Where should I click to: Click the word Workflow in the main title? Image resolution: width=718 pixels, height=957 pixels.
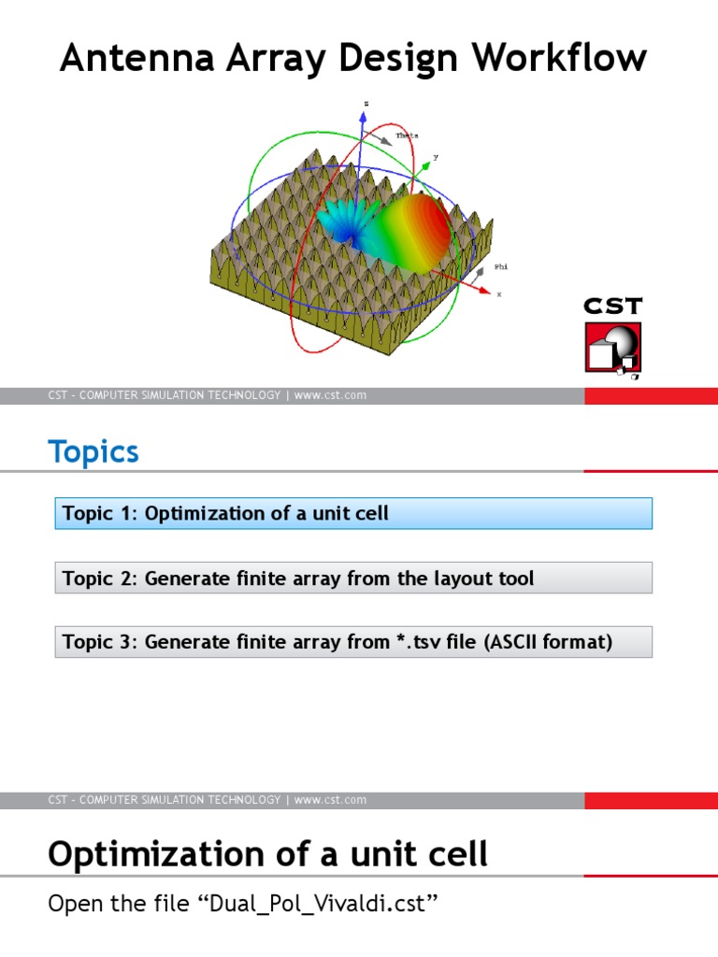pos(559,58)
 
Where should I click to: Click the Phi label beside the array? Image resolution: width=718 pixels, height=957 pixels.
pos(501,266)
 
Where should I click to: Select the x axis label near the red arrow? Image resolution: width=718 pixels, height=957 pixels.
pos(498,293)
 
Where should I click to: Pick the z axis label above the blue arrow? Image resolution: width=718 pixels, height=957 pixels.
pos(366,103)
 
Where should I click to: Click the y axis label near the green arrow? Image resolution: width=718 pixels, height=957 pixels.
pos(436,158)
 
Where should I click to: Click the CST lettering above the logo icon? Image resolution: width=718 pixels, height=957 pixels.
pos(612,307)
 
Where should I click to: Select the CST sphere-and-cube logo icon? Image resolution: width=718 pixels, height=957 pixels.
pos(612,350)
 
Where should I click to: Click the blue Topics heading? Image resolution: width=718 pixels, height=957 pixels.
pos(93,452)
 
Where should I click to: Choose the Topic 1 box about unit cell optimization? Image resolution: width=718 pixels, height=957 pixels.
pos(353,513)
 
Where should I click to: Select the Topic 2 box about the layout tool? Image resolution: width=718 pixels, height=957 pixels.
pos(353,578)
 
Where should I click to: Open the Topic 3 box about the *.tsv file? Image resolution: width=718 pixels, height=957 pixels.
pos(353,642)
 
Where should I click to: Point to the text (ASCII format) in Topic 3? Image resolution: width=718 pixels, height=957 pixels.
pos(548,642)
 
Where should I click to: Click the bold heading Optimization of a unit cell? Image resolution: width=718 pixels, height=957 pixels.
pos(267,853)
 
